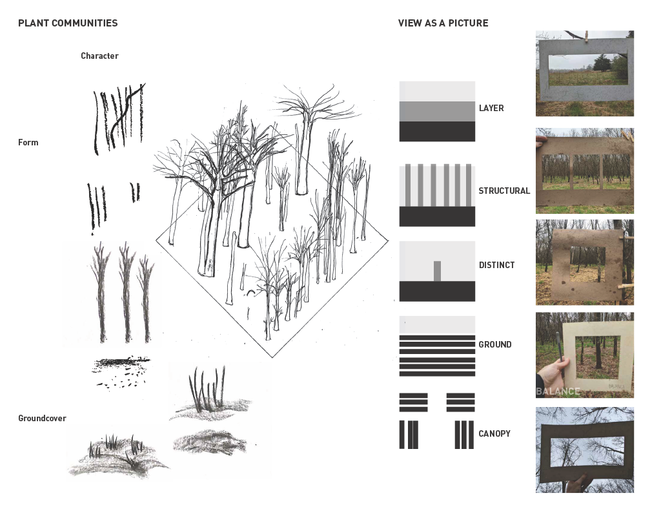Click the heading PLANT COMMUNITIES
pos(68,23)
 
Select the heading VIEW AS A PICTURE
pos(443,23)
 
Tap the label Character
pos(99,56)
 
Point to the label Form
pos(28,143)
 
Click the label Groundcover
pos(42,419)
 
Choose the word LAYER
pos(491,109)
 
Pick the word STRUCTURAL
pos(504,191)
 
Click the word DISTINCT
pos(496,266)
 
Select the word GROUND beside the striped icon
pos(495,345)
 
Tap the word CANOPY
pos(494,434)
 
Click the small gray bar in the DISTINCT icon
pos(437,271)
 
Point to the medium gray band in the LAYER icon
pos(437,111)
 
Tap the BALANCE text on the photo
pos(558,391)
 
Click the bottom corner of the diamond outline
pos(272,357)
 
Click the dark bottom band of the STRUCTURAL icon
pos(437,216)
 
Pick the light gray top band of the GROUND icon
pos(437,324)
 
